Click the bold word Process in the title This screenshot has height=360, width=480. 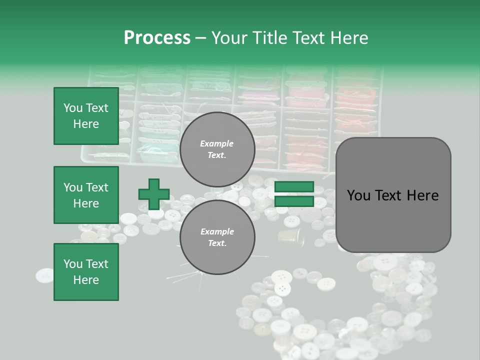pos(157,38)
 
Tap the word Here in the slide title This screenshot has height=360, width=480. pos(348,38)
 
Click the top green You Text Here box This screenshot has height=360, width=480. pos(86,116)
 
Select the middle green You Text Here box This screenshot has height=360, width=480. pos(86,195)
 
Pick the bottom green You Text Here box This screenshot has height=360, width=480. pos(86,271)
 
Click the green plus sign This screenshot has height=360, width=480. pos(153,194)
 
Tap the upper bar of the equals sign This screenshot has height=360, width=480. pos(294,187)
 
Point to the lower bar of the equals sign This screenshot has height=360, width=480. pos(294,201)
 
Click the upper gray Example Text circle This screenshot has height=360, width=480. pos(217,149)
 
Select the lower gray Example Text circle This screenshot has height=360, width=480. pos(217,237)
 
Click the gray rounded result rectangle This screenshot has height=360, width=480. pos(393,194)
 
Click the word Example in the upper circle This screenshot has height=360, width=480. pos(216,143)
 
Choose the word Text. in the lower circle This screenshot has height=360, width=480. pos(217,243)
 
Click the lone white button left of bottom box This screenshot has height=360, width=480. pos(44,275)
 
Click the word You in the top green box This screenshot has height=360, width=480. pos(73,108)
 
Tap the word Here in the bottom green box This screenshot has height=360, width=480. pos(86,280)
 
